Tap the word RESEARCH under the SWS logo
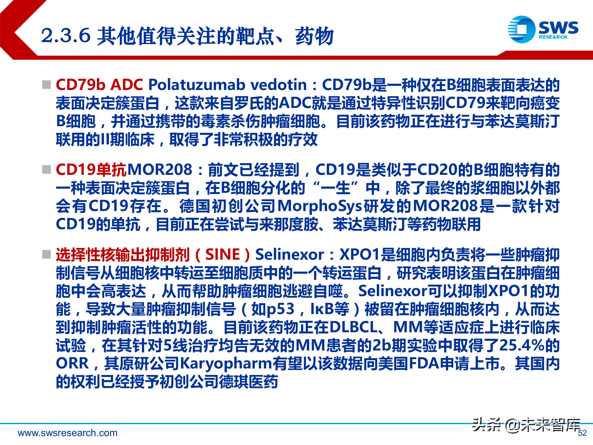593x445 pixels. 553,37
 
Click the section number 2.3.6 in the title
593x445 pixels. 66,36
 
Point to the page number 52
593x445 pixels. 582,433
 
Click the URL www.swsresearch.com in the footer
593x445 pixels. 68,433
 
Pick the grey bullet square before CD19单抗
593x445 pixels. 47,169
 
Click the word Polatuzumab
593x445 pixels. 197,85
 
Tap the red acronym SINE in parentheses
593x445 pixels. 223,254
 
